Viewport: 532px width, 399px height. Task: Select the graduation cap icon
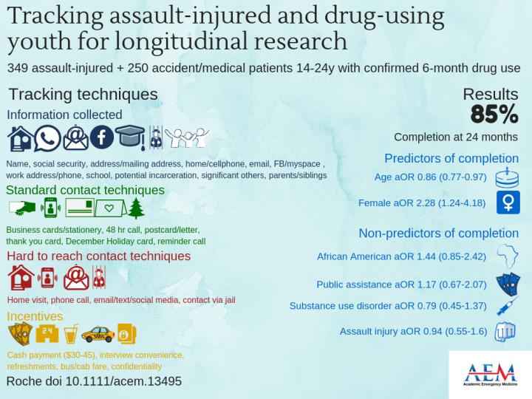point(129,137)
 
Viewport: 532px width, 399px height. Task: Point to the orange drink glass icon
point(69,334)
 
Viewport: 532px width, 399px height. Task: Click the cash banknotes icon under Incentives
point(18,335)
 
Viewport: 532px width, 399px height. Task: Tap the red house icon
point(20,276)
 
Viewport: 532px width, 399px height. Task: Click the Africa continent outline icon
point(509,256)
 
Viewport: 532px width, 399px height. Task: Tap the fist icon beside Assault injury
point(505,331)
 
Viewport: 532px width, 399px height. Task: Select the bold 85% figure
point(494,114)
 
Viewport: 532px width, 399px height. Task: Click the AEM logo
point(487,373)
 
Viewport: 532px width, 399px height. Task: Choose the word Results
point(490,94)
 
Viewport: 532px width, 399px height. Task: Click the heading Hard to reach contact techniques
point(98,256)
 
